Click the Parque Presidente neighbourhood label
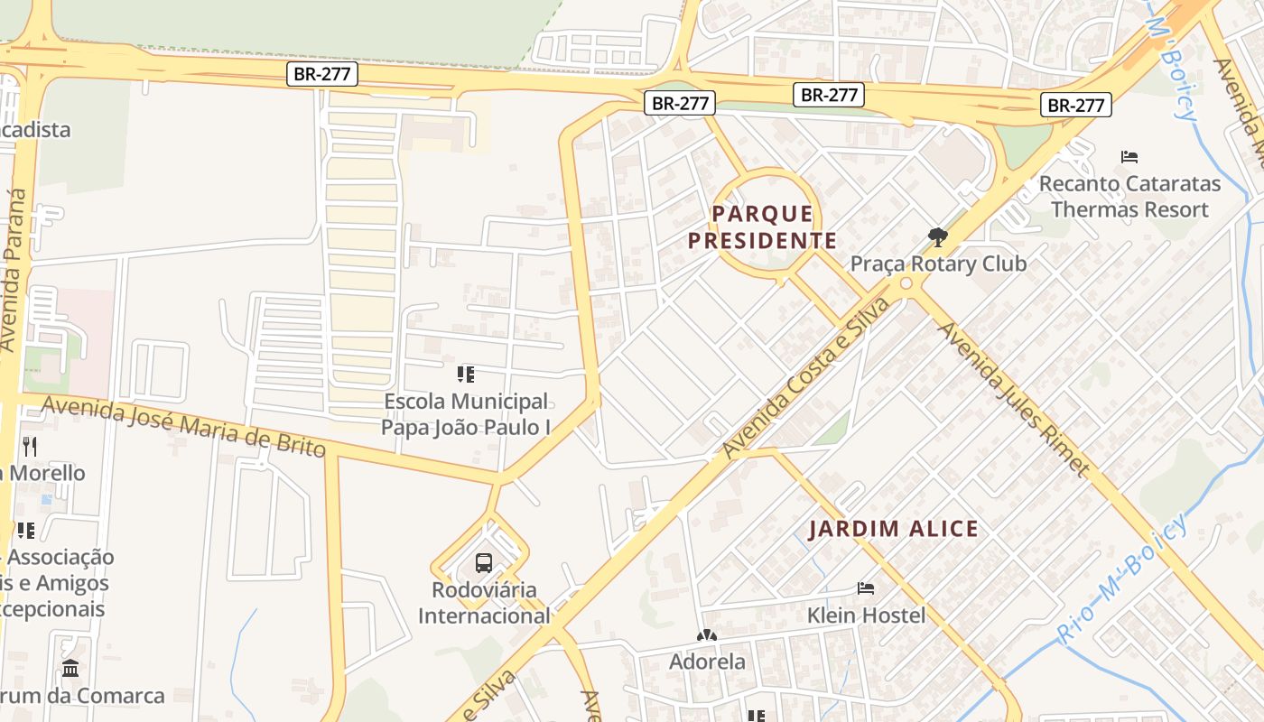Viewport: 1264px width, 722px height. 763,227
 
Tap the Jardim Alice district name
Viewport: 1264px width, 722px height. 893,530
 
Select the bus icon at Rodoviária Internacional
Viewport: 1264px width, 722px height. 484,563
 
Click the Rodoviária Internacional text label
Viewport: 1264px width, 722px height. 484,603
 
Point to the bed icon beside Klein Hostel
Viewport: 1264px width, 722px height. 866,588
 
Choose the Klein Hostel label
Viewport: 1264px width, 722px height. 866,616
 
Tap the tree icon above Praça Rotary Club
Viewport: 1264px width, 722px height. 938,237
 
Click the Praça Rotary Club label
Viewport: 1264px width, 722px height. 938,264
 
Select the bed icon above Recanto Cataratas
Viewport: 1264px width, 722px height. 1129,157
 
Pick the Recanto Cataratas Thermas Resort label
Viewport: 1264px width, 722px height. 1129,197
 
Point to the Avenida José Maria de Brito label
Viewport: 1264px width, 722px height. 184,428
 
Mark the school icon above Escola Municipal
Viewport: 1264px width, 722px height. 466,374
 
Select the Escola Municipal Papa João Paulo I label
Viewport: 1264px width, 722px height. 466,414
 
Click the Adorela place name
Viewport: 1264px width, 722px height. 707,662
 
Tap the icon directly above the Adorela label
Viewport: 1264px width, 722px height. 707,635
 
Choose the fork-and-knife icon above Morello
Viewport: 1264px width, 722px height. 30,446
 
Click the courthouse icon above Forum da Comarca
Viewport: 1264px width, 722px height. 70,669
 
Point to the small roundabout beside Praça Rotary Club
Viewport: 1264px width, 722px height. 906,284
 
